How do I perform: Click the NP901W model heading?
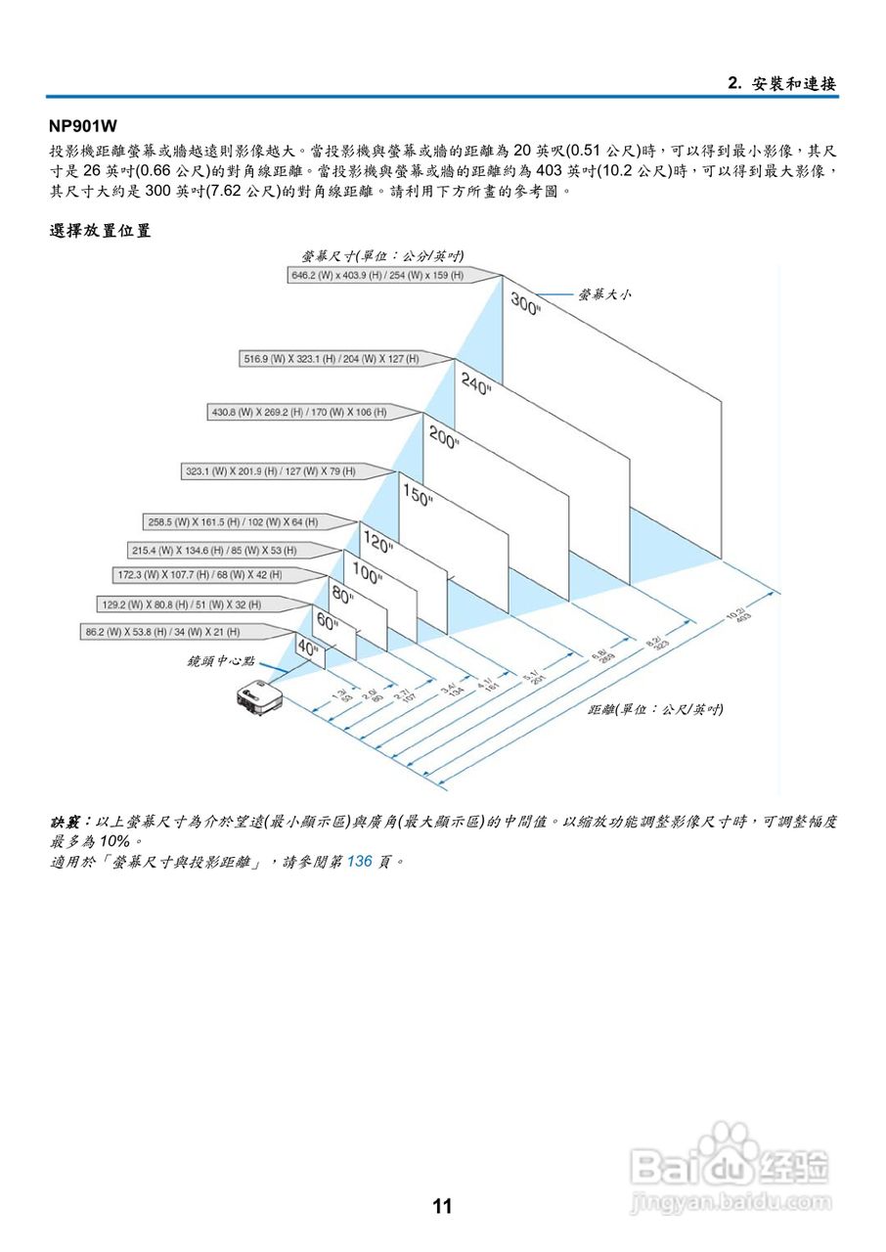coord(83,125)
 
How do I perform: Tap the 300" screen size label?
coord(525,304)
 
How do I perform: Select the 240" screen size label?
coord(476,383)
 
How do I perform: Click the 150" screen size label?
coord(418,496)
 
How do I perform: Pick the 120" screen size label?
coord(378,540)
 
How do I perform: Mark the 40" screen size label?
coord(309,648)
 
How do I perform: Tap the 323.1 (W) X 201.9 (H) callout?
coord(270,471)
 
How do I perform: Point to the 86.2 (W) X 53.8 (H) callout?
coord(162,632)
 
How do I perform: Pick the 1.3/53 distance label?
coord(341,695)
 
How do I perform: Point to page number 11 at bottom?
coord(442,1206)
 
